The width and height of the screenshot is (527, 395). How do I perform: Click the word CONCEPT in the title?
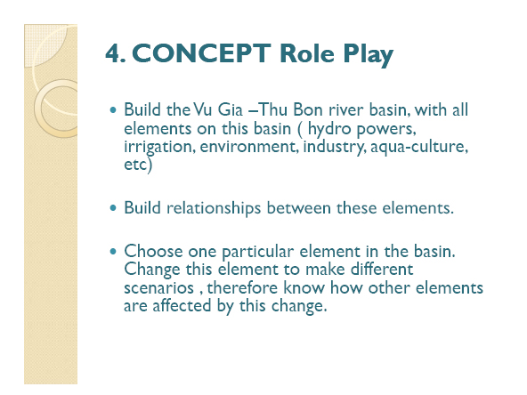[202, 53]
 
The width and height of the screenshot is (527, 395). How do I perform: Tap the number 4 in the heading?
[114, 53]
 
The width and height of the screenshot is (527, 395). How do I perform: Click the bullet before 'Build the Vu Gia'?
[113, 109]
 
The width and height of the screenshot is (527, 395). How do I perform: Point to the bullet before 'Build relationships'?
[113, 208]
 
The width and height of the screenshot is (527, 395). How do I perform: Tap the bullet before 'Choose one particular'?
[113, 251]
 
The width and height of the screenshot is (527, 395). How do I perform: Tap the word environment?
[249, 147]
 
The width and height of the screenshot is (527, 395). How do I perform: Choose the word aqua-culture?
[419, 147]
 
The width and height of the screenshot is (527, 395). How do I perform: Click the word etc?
[135, 165]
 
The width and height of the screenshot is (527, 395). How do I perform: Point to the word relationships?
[214, 208]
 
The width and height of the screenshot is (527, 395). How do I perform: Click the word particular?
[258, 252]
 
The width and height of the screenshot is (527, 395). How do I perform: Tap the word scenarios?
[159, 288]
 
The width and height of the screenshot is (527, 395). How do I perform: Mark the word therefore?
[242, 287]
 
